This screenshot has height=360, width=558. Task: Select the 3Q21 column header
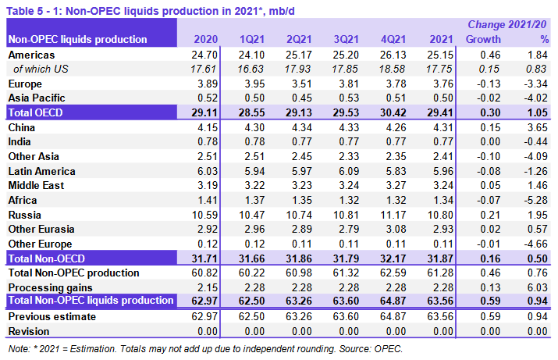click(x=345, y=39)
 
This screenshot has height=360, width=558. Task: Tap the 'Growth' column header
click(x=483, y=39)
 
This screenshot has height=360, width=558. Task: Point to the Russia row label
click(x=25, y=214)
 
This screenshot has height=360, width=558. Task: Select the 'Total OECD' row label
click(x=36, y=112)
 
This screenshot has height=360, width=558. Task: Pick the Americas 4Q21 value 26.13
click(x=391, y=55)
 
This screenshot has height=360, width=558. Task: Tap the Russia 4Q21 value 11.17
click(x=391, y=214)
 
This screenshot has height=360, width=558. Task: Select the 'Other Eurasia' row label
click(x=41, y=229)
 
